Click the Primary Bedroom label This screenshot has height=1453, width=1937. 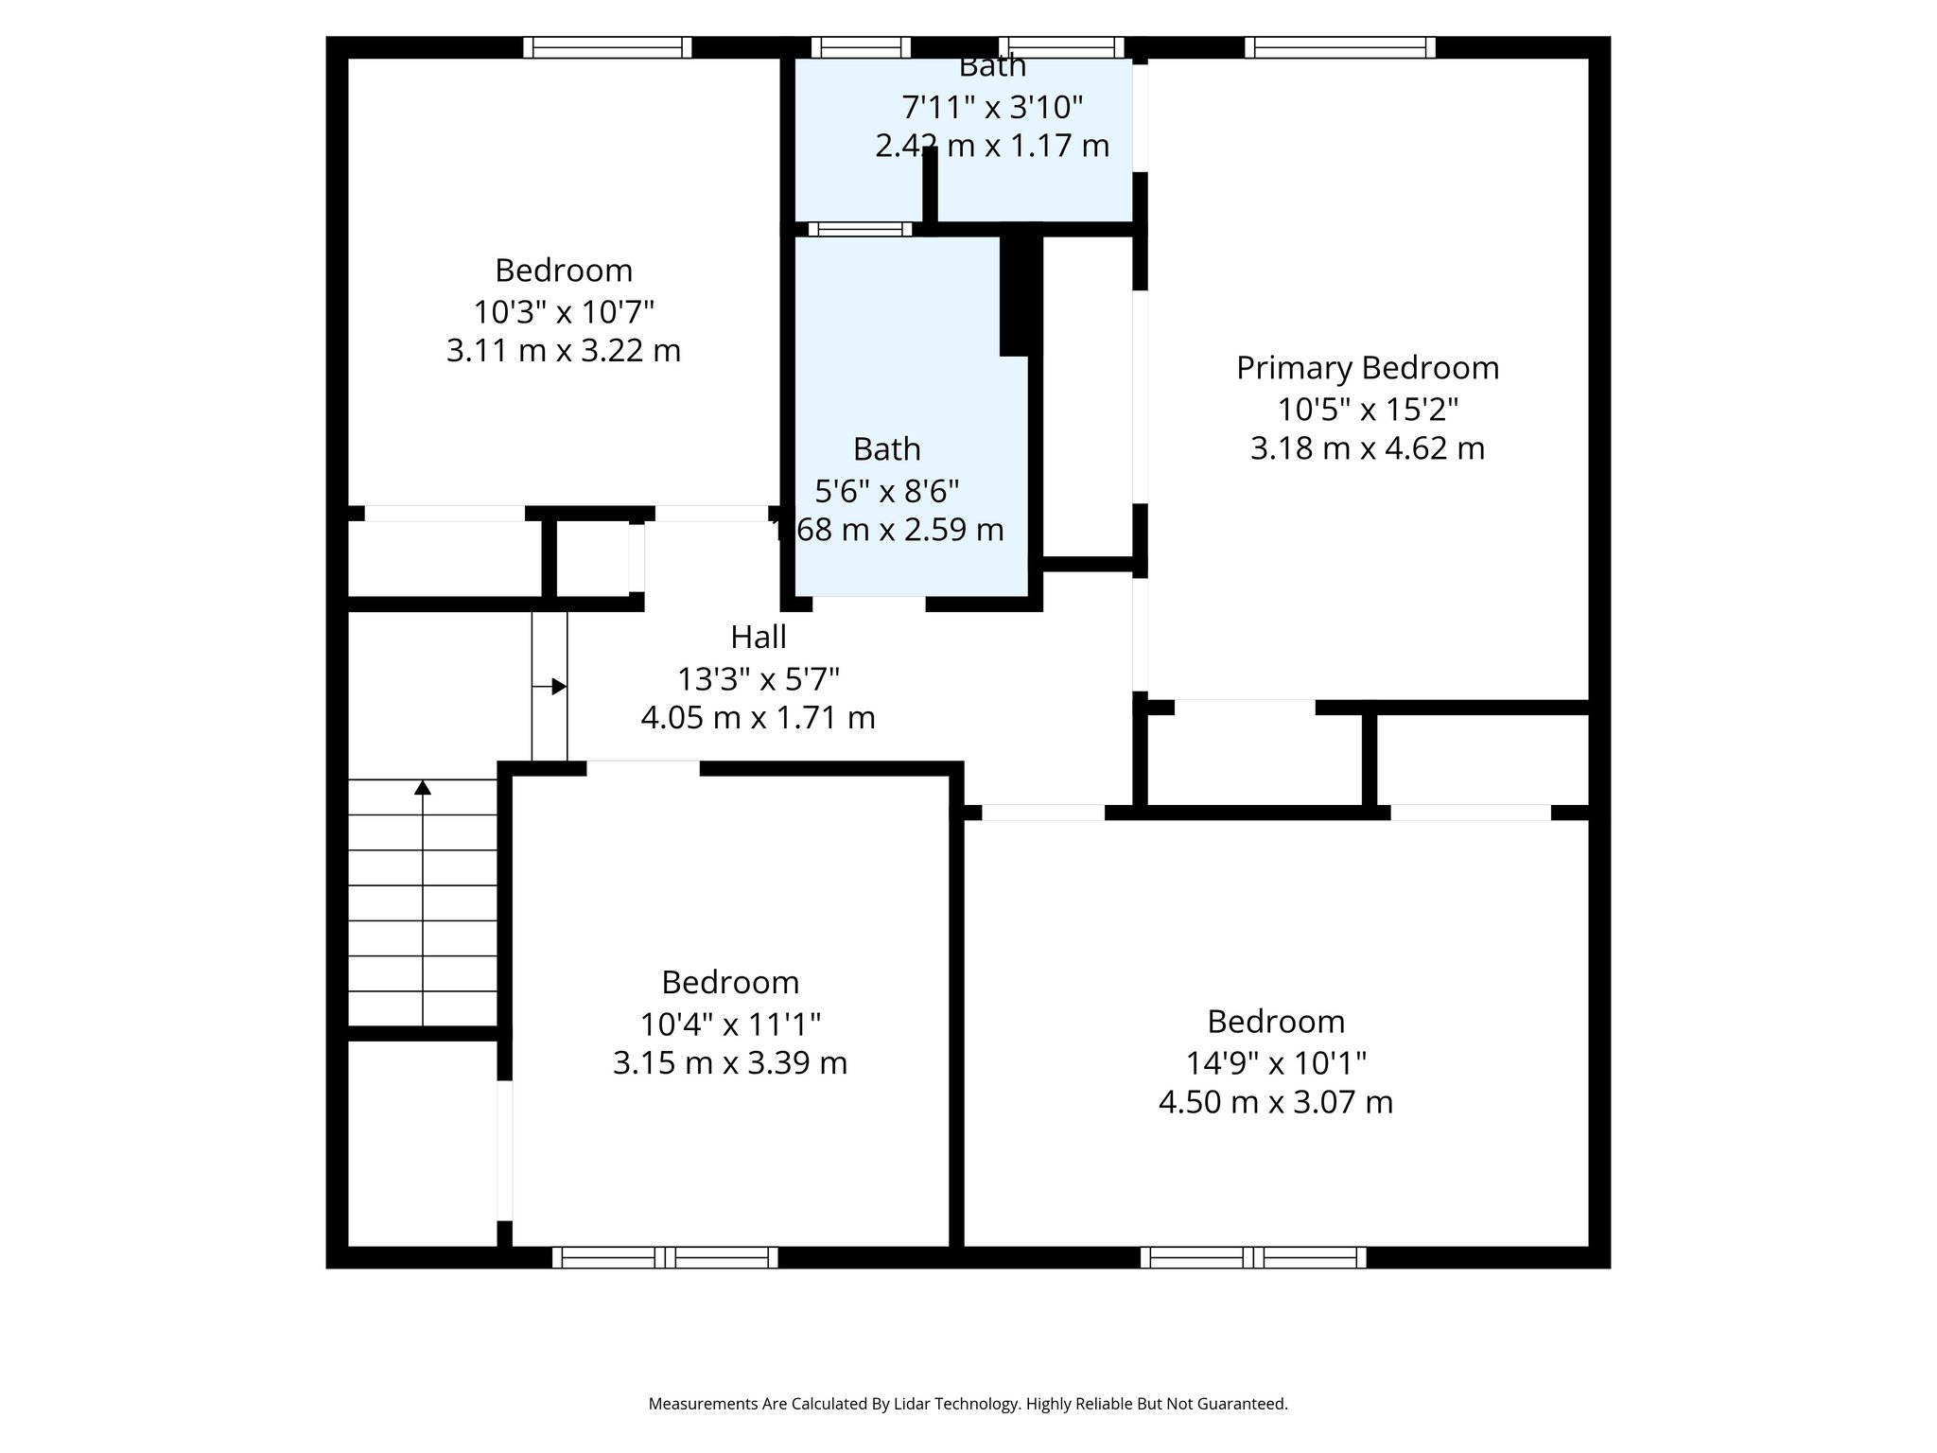1368,368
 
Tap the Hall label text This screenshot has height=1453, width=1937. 759,638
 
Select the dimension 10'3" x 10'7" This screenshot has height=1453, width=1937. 564,311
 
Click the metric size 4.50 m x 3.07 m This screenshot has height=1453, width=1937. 1276,1102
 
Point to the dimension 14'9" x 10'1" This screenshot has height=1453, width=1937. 1276,1063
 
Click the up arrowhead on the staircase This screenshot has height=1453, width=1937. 423,787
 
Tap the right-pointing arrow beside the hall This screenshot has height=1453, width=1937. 559,687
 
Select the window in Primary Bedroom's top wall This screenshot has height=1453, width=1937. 1339,47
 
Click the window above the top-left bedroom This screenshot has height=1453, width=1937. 607,47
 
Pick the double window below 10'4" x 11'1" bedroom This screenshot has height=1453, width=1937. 665,1257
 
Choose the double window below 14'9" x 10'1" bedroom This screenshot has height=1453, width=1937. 1253,1257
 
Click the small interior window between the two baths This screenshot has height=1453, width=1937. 860,229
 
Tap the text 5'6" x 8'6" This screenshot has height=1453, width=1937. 887,491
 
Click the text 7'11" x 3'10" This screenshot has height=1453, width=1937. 992,108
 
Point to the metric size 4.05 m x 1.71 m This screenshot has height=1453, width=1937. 759,718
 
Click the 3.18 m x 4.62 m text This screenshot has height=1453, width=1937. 1368,448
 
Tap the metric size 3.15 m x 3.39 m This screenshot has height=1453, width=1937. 730,1063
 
